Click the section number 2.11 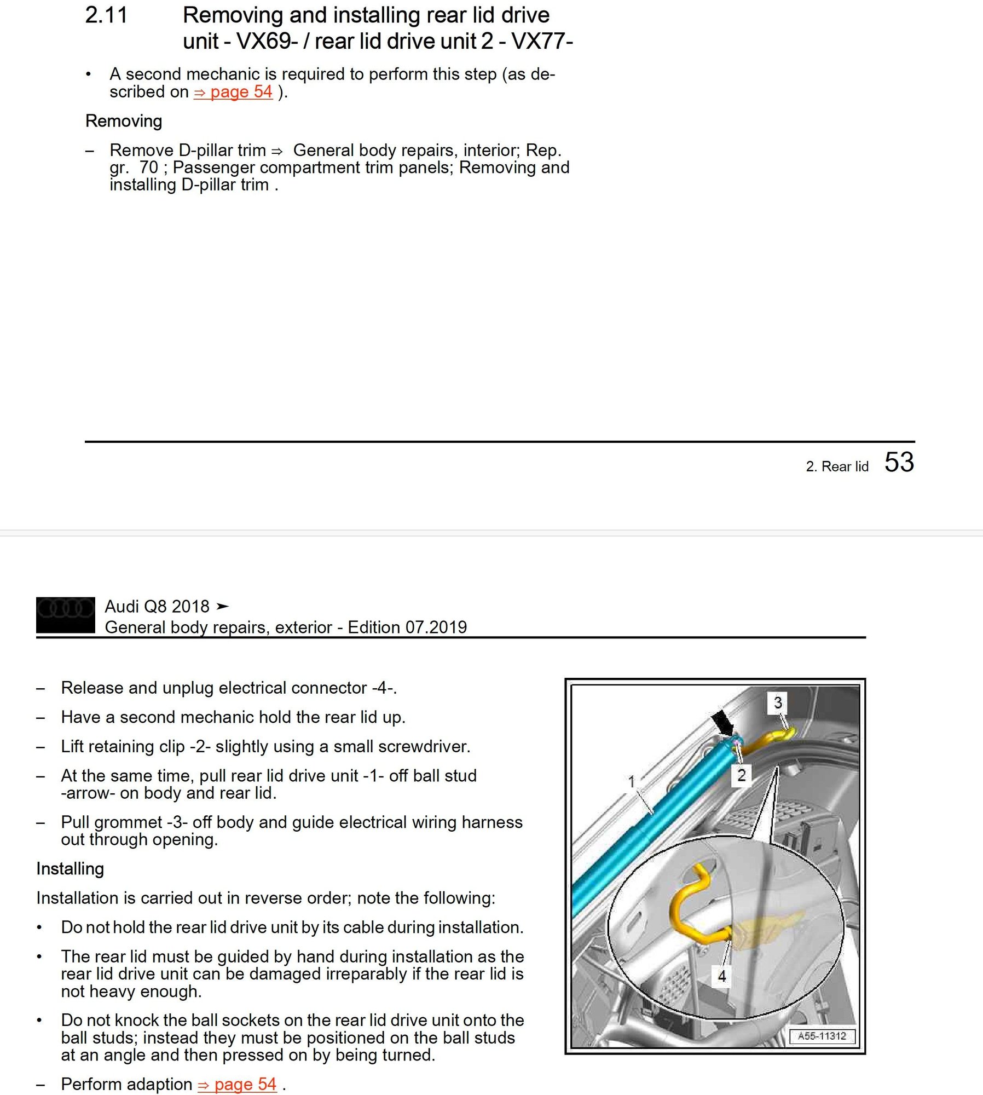(106, 15)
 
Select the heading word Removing (124, 121)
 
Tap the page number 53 (899, 462)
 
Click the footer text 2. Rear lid (837, 466)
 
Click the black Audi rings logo (66, 614)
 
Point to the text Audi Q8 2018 (157, 606)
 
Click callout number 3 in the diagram (777, 702)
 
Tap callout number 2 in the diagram (741, 775)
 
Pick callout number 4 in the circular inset (721, 976)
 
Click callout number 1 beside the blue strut (632, 781)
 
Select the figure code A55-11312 (822, 1036)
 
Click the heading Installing (70, 869)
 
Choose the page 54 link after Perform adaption (238, 1084)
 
